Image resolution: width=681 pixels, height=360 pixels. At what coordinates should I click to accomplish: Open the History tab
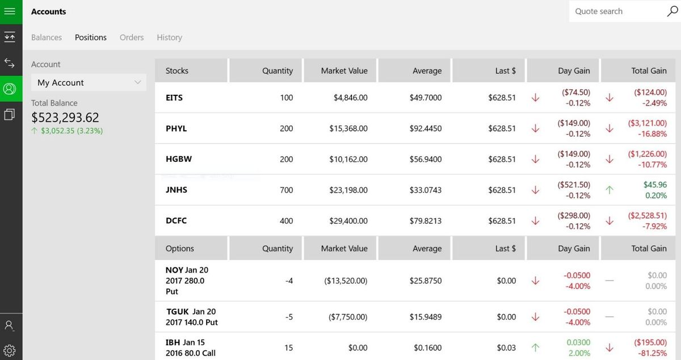pos(169,37)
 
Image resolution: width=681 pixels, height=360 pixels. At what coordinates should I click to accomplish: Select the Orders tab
pos(132,37)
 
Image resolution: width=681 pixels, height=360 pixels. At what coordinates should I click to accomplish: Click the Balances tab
pos(47,37)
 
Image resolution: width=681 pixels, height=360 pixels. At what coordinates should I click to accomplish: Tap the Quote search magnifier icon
pos(672,11)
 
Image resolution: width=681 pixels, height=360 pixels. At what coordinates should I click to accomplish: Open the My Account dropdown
pos(89,82)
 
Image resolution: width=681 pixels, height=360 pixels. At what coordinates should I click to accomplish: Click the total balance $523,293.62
pos(65,118)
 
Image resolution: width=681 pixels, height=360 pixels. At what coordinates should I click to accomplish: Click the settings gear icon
pos(10,350)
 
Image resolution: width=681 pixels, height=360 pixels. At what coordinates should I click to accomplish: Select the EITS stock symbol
pos(174,98)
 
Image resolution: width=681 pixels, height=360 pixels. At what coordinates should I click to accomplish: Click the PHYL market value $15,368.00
pos(348,128)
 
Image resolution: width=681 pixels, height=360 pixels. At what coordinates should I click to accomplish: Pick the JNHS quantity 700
pos(286,190)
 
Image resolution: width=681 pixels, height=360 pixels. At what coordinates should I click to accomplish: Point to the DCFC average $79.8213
pos(425,220)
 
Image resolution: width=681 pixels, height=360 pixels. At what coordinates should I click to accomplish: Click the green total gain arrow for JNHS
pos(609,190)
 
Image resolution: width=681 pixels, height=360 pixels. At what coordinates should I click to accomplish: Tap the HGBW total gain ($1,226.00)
pos(647,154)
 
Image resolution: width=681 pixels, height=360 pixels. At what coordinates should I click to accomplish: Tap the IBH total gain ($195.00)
pos(650,342)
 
